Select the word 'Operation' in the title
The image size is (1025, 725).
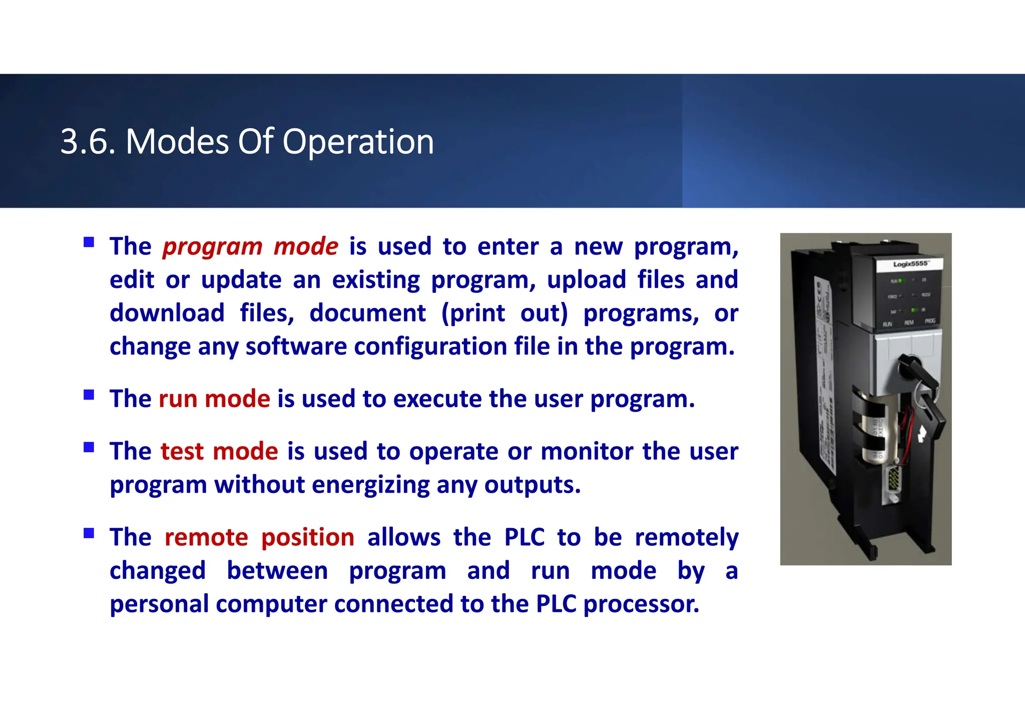[x=358, y=142]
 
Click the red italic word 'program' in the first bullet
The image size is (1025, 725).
[x=212, y=247]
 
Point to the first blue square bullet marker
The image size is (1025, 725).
[x=89, y=243]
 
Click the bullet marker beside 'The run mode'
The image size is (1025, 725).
[x=89, y=395]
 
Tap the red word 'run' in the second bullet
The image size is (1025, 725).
[x=178, y=399]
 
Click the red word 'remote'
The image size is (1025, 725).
[x=206, y=537]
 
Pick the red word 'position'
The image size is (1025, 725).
[x=308, y=537]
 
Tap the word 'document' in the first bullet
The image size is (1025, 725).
[x=367, y=313]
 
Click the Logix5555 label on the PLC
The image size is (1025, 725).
[x=910, y=264]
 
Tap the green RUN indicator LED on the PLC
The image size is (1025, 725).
[x=900, y=281]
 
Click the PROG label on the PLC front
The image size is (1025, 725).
[x=930, y=321]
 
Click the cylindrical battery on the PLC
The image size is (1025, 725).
[x=873, y=428]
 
